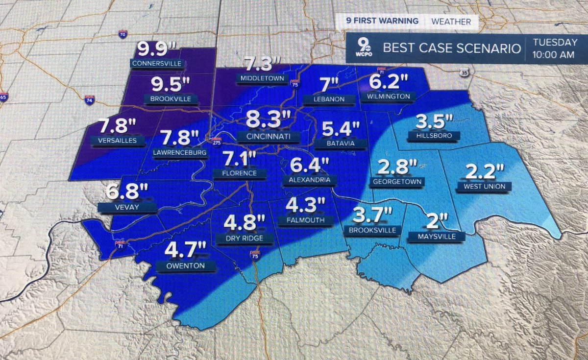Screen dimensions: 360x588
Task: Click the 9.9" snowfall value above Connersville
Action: [x=156, y=50]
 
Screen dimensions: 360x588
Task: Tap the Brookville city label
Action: [x=171, y=99]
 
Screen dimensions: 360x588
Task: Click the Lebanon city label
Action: [x=323, y=99]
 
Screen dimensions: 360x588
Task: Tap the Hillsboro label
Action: [x=429, y=136]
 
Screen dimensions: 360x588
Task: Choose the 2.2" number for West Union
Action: [x=484, y=172]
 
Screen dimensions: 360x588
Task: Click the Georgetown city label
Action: [x=397, y=181]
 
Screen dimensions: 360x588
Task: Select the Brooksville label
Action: [x=373, y=230]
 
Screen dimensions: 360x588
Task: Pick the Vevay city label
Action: [x=127, y=208]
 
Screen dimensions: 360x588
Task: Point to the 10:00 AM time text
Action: [x=554, y=55]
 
